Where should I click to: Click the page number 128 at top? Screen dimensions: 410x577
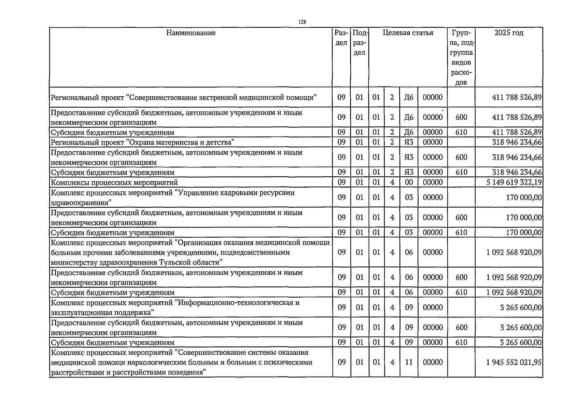302,22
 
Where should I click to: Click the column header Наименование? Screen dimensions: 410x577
191,33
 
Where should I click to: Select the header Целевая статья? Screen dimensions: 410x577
408,33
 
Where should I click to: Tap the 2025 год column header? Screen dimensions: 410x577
508,33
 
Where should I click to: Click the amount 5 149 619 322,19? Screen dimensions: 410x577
514,182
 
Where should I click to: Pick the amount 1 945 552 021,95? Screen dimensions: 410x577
514,362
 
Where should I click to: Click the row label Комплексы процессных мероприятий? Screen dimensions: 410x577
114,182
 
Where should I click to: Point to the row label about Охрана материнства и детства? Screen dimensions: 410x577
142,142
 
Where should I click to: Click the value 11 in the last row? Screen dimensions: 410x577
409,362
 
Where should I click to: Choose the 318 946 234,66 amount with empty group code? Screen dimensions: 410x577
517,142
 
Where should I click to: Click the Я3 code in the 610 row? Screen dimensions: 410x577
409,172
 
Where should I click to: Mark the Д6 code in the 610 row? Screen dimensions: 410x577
409,132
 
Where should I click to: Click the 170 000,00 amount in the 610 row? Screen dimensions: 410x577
524,233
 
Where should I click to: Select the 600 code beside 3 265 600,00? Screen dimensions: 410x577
461,327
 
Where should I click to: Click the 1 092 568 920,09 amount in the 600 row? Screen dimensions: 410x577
514,277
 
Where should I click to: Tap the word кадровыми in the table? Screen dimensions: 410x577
241,193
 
